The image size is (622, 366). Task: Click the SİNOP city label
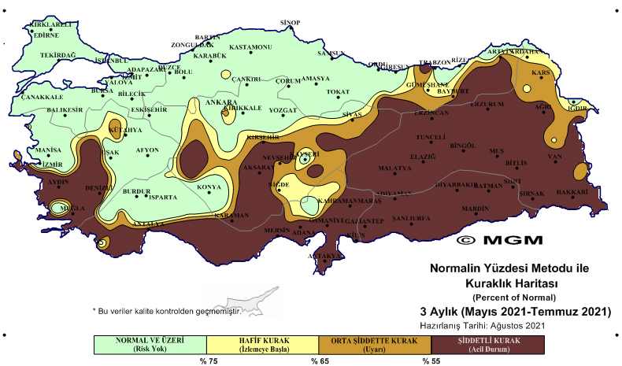pos(291,22)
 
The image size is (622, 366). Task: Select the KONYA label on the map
pos(209,187)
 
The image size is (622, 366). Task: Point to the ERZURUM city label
pos(486,104)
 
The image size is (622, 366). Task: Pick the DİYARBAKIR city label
pos(457,184)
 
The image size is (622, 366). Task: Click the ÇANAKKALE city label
pos(40,97)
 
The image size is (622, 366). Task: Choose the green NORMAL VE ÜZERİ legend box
pos(149,344)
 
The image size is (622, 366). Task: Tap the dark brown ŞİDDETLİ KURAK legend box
pos(489,344)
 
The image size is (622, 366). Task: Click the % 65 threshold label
pos(319,361)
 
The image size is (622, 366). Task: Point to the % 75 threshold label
pos(207,361)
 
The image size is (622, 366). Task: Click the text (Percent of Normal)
pos(515,297)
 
